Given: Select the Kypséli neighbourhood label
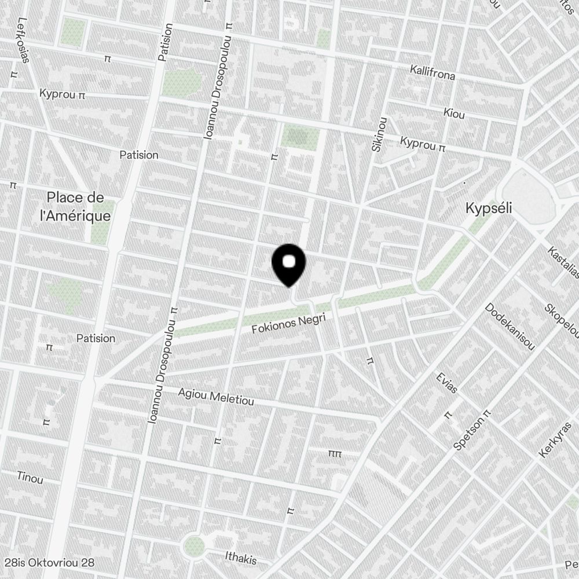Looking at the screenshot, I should click(x=489, y=208).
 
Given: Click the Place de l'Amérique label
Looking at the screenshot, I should click(x=78, y=207).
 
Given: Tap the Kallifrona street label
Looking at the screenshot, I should click(x=432, y=72).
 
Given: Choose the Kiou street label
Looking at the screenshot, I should click(x=454, y=113).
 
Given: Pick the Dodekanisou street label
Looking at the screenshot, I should click(x=509, y=326).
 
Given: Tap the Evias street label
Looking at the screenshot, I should click(x=446, y=383).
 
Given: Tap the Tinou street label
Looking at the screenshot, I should click(x=30, y=477).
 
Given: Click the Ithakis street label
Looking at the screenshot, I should click(x=240, y=558).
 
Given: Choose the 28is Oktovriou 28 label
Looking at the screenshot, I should click(x=49, y=562).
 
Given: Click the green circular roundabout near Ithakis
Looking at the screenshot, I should click(x=195, y=545).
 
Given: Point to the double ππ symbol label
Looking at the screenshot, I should click(x=335, y=453).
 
